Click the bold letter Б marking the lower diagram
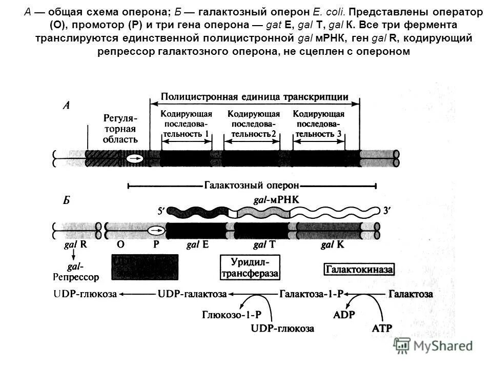(x=67, y=201)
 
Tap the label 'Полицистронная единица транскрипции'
(x=255, y=97)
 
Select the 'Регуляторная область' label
(x=120, y=128)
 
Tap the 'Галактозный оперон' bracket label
(x=252, y=185)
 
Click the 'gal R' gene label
(x=75, y=244)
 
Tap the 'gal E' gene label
(x=197, y=244)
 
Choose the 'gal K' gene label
(x=333, y=244)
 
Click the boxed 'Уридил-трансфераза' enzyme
(x=250, y=268)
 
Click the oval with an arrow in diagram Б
(x=156, y=230)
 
